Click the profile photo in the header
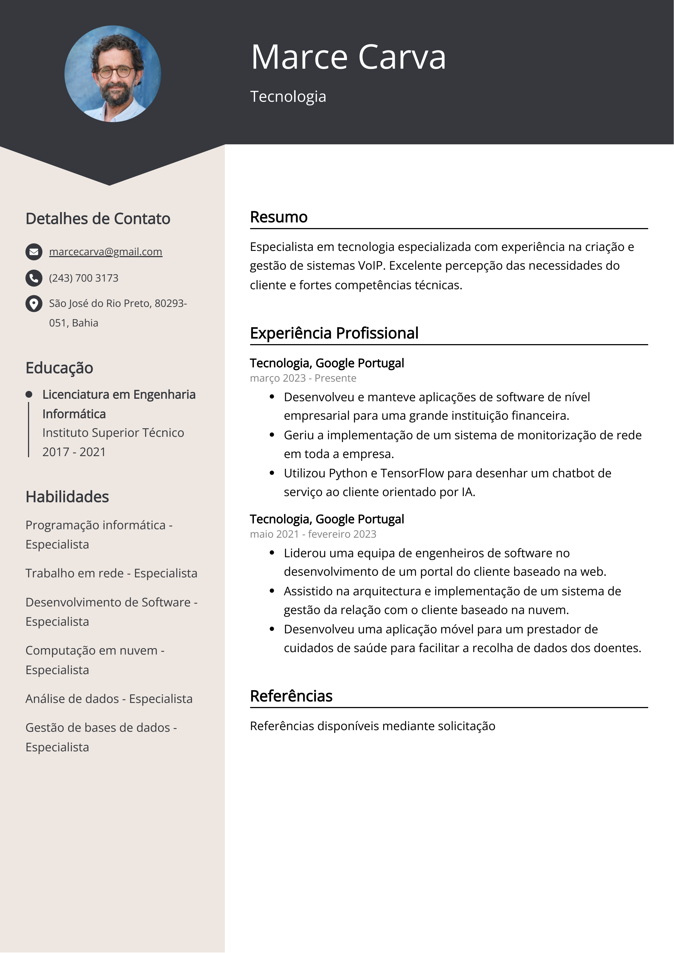tap(113, 74)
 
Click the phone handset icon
tap(34, 278)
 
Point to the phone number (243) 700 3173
tap(83, 278)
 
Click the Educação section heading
tap(59, 368)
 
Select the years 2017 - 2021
tap(74, 452)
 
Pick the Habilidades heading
tap(67, 497)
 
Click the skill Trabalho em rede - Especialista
tap(111, 573)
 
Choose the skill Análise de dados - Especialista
tap(109, 699)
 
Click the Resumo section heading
tap(279, 217)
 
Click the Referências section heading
tap(291, 696)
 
